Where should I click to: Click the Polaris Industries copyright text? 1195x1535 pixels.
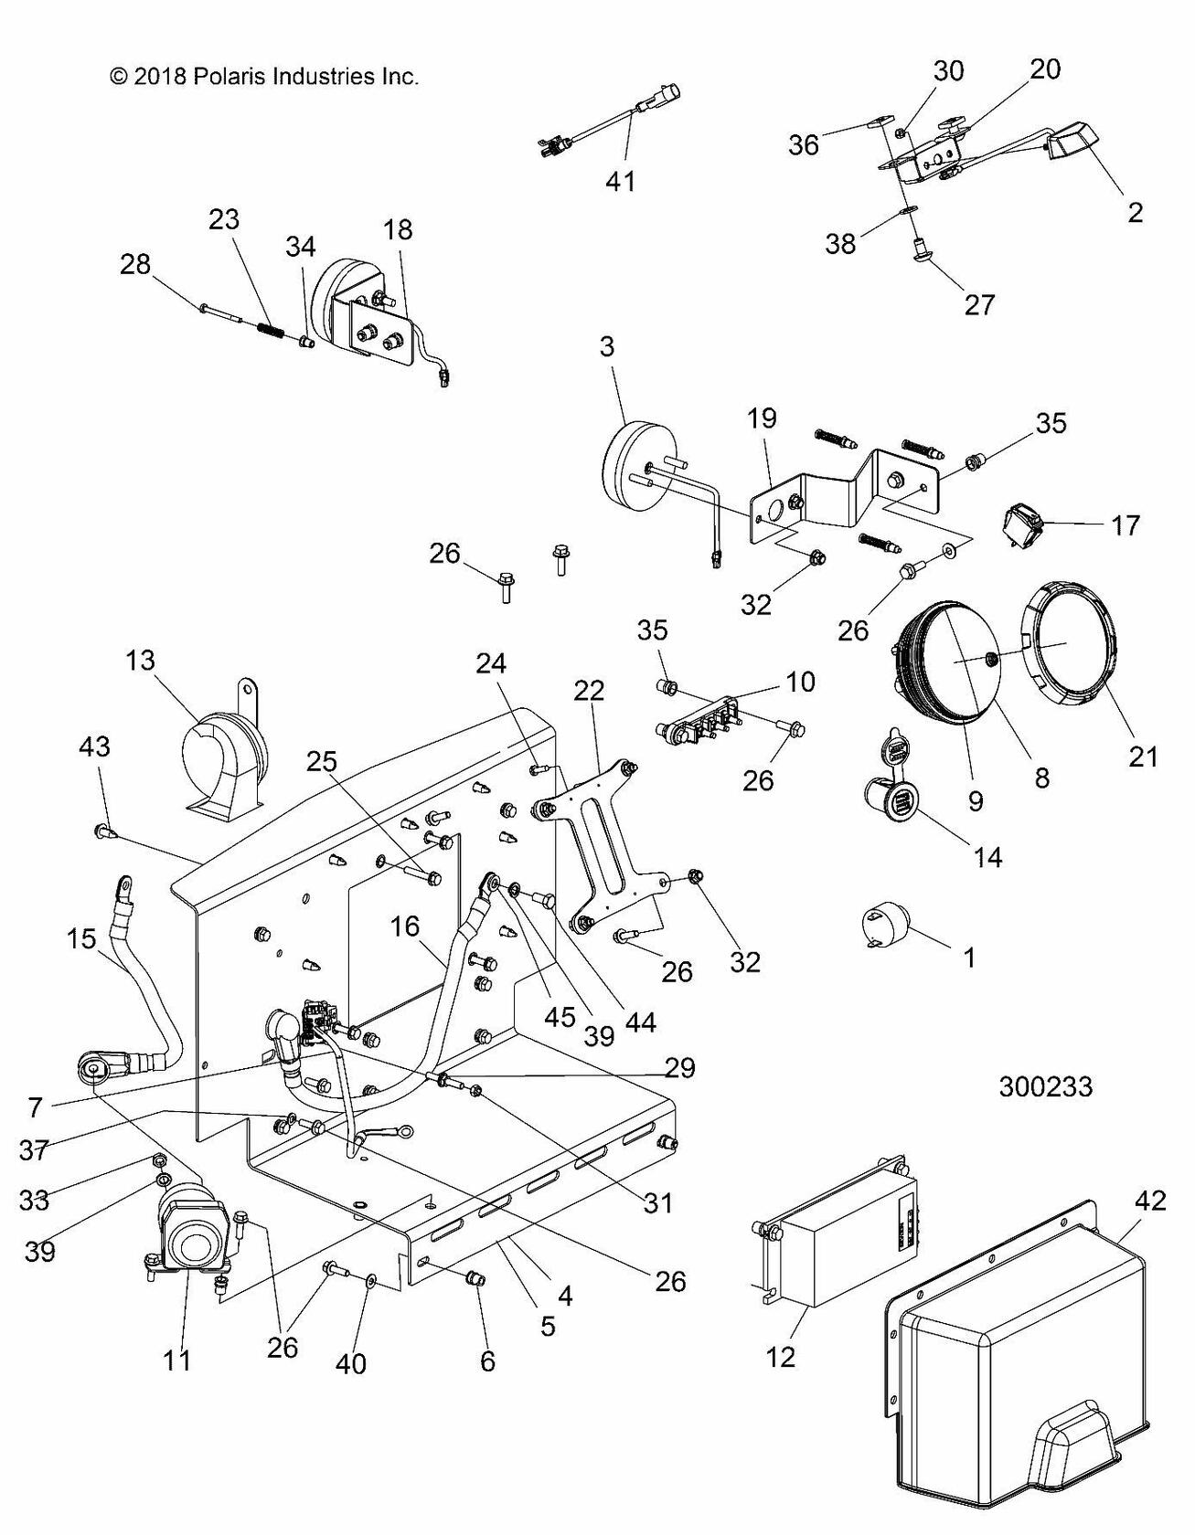click(264, 77)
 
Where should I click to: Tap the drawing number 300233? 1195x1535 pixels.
click(1046, 1086)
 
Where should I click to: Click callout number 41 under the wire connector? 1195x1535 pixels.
click(621, 181)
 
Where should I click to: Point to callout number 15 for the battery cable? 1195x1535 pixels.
click(80, 937)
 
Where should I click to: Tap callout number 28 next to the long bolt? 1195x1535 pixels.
click(135, 265)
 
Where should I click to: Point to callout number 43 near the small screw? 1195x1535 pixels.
click(94, 746)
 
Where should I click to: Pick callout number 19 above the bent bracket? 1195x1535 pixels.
click(761, 418)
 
